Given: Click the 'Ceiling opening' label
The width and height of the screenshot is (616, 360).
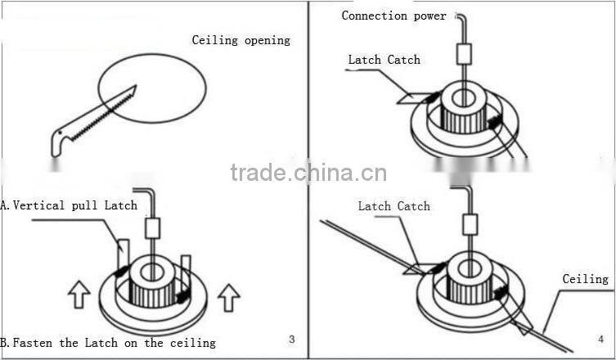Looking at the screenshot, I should pyautogui.click(x=241, y=40).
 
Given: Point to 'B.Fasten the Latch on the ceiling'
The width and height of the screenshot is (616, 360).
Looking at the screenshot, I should pyautogui.click(x=108, y=343).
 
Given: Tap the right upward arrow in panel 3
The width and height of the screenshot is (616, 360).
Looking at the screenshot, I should pyautogui.click(x=229, y=295).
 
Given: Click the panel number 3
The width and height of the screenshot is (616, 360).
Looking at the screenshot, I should pyautogui.click(x=292, y=339).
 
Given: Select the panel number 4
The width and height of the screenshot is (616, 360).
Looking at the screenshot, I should pyautogui.click(x=601, y=339).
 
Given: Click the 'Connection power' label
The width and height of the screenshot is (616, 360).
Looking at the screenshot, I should pyautogui.click(x=393, y=16).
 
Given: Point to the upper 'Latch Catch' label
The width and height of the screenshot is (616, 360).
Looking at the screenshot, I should pyautogui.click(x=384, y=60).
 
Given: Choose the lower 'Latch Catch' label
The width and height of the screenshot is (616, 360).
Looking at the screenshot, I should pyautogui.click(x=393, y=206).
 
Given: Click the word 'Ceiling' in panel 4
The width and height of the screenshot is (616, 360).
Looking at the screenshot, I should pyautogui.click(x=585, y=279).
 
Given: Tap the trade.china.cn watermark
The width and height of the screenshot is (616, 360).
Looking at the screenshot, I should pyautogui.click(x=308, y=173).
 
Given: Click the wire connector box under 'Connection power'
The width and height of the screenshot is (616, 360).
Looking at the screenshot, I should pyautogui.click(x=464, y=54).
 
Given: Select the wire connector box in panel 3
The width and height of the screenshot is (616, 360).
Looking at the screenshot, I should pyautogui.click(x=153, y=227).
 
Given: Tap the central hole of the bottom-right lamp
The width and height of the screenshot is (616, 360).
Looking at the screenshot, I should pyautogui.click(x=469, y=267).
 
